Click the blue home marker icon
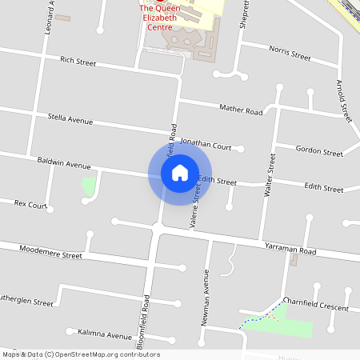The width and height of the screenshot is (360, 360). pyautogui.click(x=179, y=172)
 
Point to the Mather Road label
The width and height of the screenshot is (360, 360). pyautogui.click(x=241, y=110)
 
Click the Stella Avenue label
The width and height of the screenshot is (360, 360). pyautogui.click(x=70, y=121)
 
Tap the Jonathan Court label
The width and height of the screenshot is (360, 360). pyautogui.click(x=206, y=146)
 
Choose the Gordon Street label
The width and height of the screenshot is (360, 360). pyautogui.click(x=318, y=150)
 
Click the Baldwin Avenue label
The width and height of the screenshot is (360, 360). pyautogui.click(x=64, y=165)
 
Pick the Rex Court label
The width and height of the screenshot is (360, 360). pyautogui.click(x=31, y=204)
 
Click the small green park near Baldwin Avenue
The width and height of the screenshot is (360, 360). pyautogui.click(x=89, y=186)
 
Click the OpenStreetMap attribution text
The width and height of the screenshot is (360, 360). pyautogui.click(x=81, y=354)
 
